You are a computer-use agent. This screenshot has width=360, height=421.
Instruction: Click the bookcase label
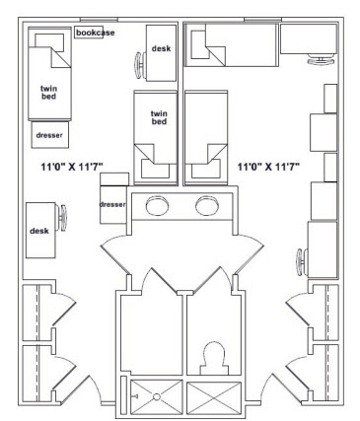tap(96, 34)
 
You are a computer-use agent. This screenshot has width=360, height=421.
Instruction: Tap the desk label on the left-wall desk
tap(39, 230)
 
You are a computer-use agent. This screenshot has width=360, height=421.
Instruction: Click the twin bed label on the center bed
tap(158, 117)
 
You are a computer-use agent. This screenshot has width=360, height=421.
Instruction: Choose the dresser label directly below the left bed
tap(49, 134)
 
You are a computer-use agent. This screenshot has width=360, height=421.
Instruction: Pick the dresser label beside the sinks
tap(113, 204)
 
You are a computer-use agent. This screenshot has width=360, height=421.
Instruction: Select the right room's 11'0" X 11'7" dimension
tap(268, 168)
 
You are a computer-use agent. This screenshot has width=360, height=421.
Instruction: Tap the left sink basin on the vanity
tap(157, 206)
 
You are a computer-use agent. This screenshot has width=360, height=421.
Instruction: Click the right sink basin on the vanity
tap(207, 206)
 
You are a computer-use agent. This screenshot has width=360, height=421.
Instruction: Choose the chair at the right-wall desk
tap(300, 262)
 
